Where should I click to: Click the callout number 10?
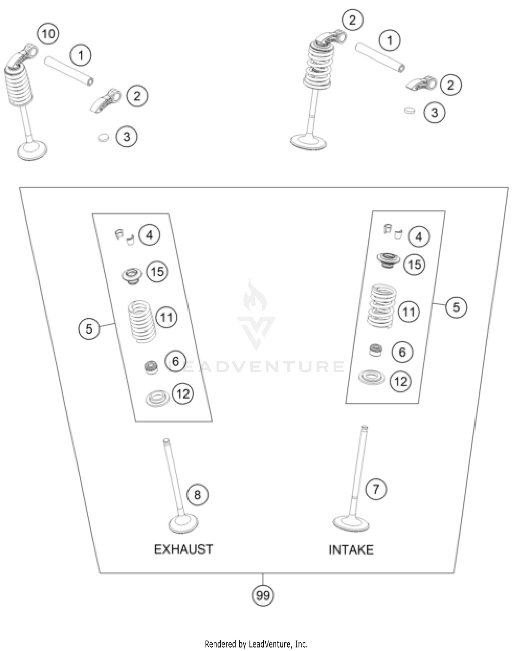tap(48, 34)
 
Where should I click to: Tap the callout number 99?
tap(263, 595)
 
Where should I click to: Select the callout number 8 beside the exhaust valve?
tap(198, 494)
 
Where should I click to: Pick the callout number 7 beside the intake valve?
tap(376, 489)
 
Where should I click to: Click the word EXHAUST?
tap(183, 549)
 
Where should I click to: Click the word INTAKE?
tap(351, 550)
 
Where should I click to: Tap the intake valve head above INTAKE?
tap(351, 523)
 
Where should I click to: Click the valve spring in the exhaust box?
tap(142, 321)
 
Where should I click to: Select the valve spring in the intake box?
tap(382, 305)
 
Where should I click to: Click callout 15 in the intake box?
tap(415, 264)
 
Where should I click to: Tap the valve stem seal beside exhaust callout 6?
tap(151, 367)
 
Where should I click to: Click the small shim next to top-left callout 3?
tap(103, 138)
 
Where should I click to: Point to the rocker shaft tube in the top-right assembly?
tap(380, 57)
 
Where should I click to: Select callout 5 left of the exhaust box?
tap(89, 329)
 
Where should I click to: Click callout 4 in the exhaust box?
tap(149, 235)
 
